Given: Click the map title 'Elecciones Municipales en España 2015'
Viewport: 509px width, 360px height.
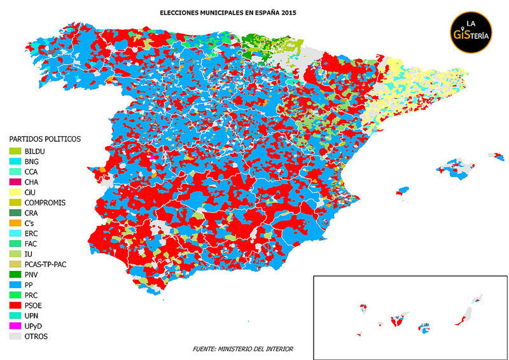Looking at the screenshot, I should (x=220, y=12).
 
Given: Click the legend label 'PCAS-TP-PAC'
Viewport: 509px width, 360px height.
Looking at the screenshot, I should (x=46, y=264).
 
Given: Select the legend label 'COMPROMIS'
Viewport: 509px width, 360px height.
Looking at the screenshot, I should (x=45, y=202).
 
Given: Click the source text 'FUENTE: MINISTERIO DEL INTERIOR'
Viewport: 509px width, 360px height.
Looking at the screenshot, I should (x=243, y=349).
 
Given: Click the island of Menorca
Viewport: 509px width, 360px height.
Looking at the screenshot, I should (x=496, y=155).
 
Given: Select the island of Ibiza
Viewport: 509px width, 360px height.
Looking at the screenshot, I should (x=402, y=191).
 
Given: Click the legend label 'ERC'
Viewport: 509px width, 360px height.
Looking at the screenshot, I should (x=31, y=233).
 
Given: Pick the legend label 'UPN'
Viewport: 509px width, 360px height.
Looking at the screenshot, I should (x=32, y=315).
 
